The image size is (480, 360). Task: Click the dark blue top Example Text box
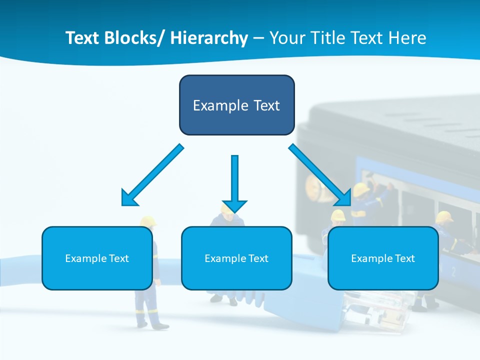point(236,105)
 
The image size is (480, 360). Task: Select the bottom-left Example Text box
point(97,258)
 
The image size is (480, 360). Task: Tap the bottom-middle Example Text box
point(236,258)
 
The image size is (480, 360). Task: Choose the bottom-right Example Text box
point(383,258)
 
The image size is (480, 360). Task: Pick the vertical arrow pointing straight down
point(234,182)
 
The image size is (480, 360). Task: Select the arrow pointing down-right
point(320,175)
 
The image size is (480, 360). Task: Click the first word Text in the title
point(83,38)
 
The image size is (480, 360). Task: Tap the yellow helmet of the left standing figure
point(148,221)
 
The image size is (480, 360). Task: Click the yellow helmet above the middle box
point(227,209)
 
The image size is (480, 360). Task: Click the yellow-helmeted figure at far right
point(444,218)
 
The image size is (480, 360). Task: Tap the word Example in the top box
point(213,105)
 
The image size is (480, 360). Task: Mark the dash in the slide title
point(258,38)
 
